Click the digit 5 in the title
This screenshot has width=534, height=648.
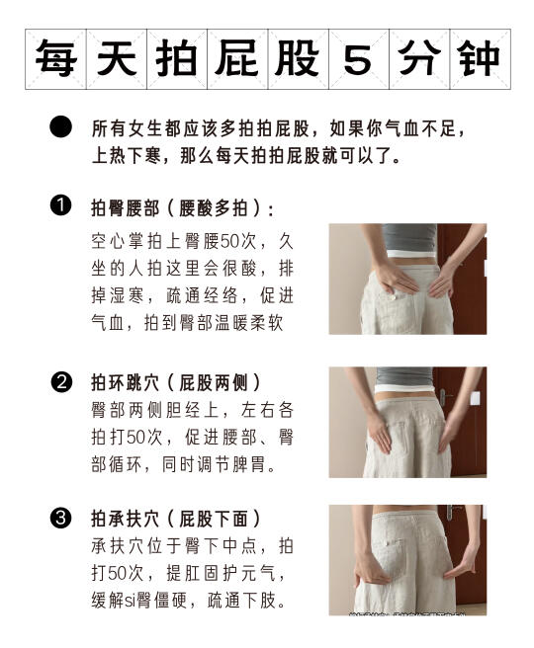point(358,59)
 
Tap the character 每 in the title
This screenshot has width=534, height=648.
point(55,58)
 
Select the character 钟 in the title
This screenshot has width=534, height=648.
point(479,58)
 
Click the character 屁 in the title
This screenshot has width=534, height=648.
point(237,58)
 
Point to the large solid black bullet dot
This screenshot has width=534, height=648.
point(60,126)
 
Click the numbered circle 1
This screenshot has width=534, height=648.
point(60,205)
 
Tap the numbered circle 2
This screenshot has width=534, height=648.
point(61,382)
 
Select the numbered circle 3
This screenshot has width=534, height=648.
point(60,519)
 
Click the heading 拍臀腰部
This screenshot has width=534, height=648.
point(126,207)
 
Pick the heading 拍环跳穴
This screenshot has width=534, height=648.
point(126,382)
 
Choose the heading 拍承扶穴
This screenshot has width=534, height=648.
point(126,519)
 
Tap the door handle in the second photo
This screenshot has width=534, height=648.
point(444,397)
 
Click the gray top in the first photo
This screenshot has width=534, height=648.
point(409,238)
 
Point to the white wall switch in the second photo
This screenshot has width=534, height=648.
point(476,398)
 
